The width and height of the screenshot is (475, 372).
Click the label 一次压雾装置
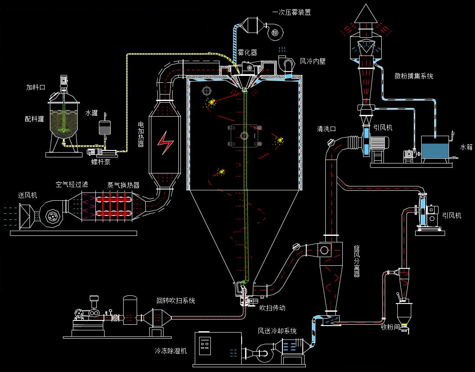(x=292, y=13)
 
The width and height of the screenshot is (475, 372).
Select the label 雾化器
(x=247, y=52)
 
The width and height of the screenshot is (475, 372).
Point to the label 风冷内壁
(x=313, y=62)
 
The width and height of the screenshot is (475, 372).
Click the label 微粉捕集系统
(x=414, y=76)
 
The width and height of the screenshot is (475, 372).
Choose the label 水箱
(x=466, y=147)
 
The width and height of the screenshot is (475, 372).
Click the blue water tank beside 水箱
(x=436, y=150)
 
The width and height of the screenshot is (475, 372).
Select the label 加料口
(x=36, y=87)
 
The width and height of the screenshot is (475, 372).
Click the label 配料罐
(x=34, y=119)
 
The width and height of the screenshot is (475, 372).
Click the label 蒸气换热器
(x=124, y=185)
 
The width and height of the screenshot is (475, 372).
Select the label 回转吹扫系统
(x=176, y=300)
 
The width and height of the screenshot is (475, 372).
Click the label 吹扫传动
(x=272, y=308)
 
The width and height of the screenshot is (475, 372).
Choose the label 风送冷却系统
(x=277, y=331)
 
